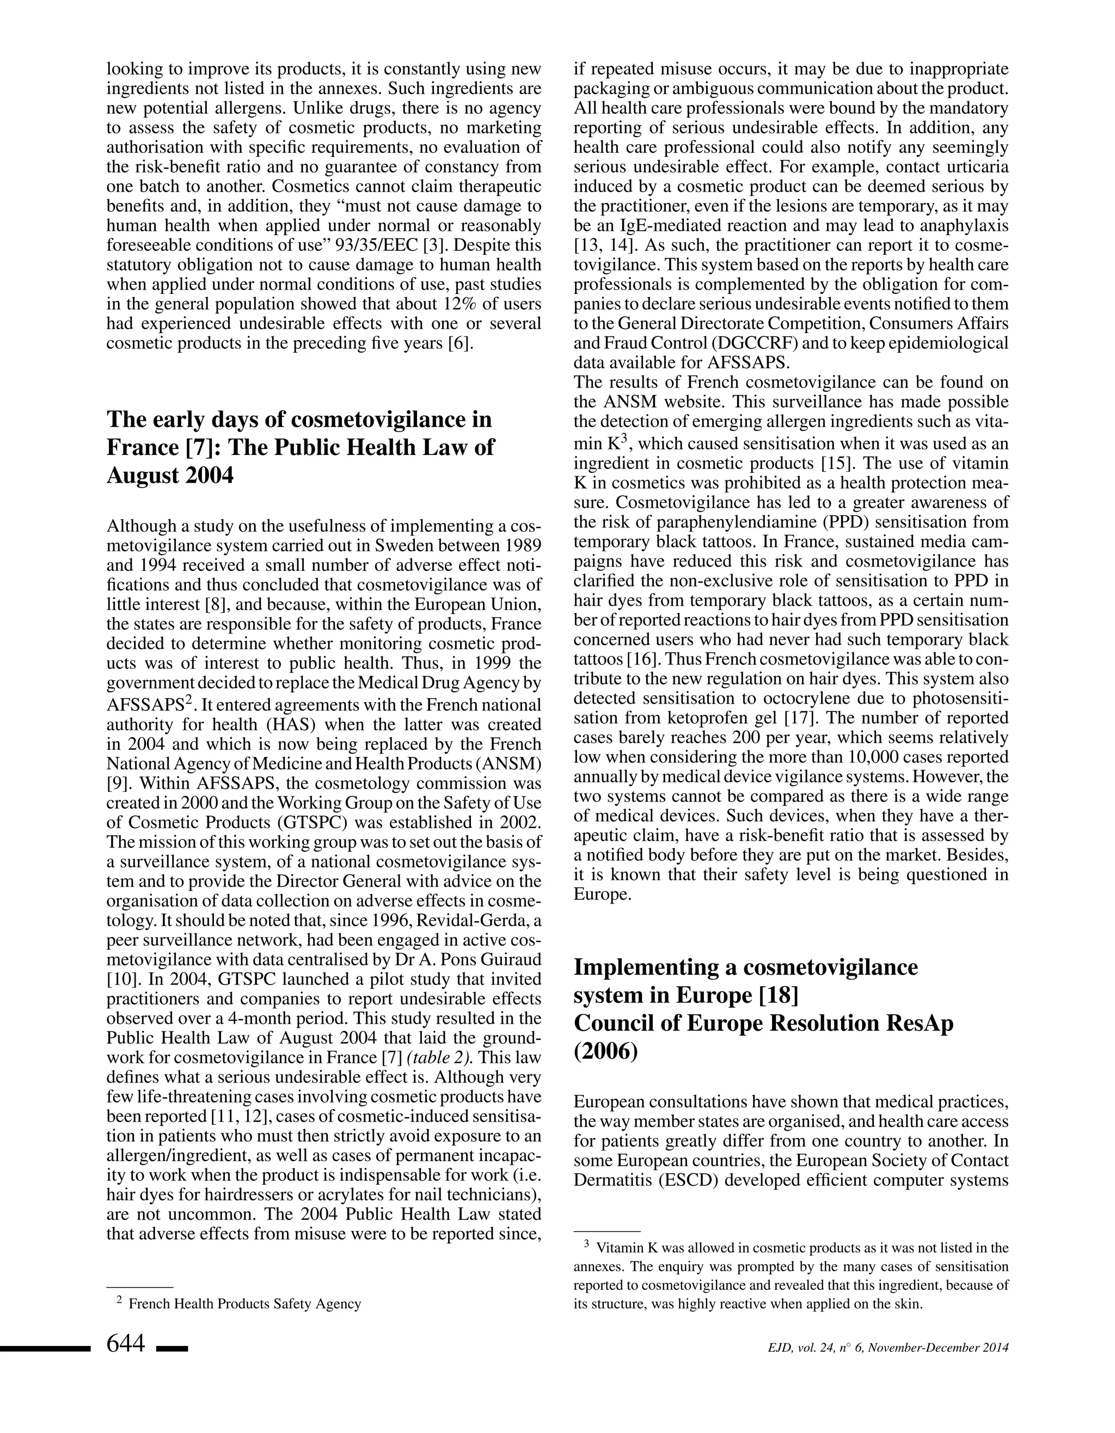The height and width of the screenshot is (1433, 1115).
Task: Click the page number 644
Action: click(x=125, y=1344)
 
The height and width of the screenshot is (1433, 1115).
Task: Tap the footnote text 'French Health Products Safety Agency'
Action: click(x=245, y=1303)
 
